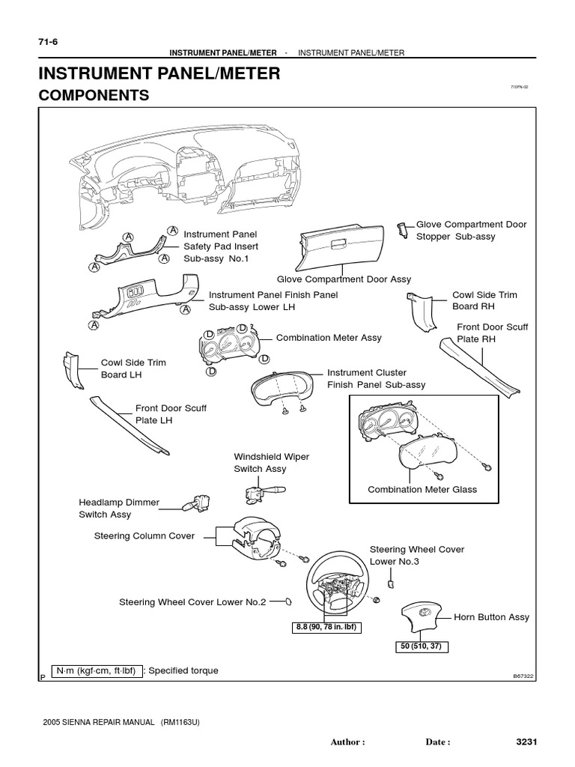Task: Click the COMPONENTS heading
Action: click(94, 95)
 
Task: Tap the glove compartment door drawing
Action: click(341, 246)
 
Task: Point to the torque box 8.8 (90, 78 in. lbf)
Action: click(326, 627)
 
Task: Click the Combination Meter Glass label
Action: click(422, 489)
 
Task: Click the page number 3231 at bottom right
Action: click(527, 742)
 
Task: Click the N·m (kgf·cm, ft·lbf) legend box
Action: click(95, 670)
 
